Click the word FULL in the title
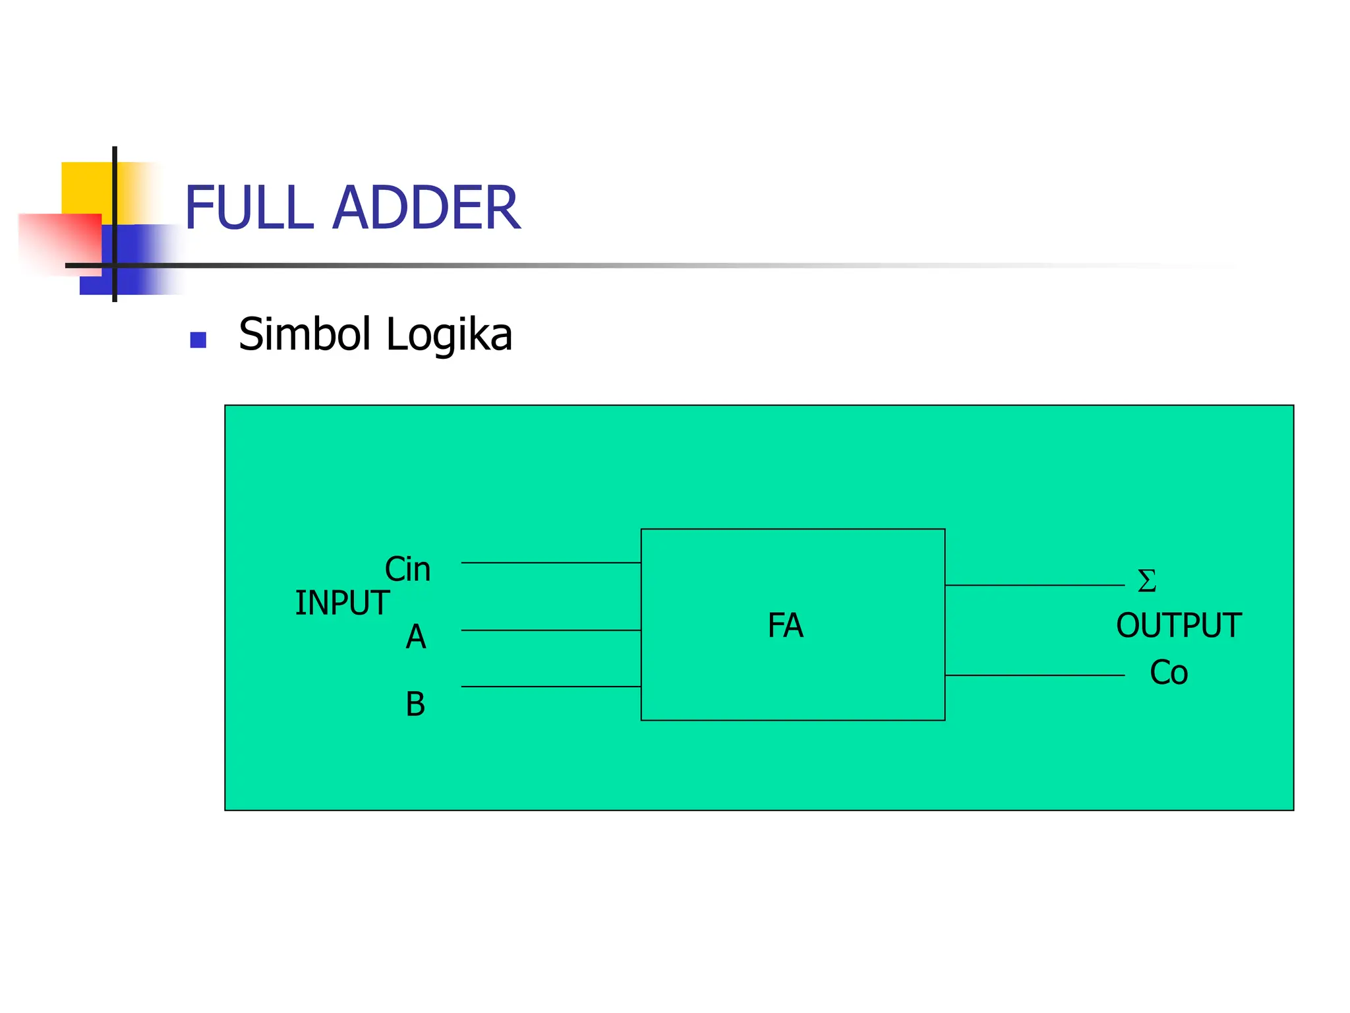249,208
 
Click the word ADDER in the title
426,208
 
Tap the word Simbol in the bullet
307,334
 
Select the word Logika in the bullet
448,336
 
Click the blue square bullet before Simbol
198,340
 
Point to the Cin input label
407,569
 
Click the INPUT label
341,603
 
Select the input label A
415,637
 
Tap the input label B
415,704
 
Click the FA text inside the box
785,625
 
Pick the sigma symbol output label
1147,581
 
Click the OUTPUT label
1179,625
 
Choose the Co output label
1169,673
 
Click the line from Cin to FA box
550,563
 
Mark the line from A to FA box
550,630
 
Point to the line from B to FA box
550,687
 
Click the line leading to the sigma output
1034,585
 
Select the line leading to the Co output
1034,675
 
